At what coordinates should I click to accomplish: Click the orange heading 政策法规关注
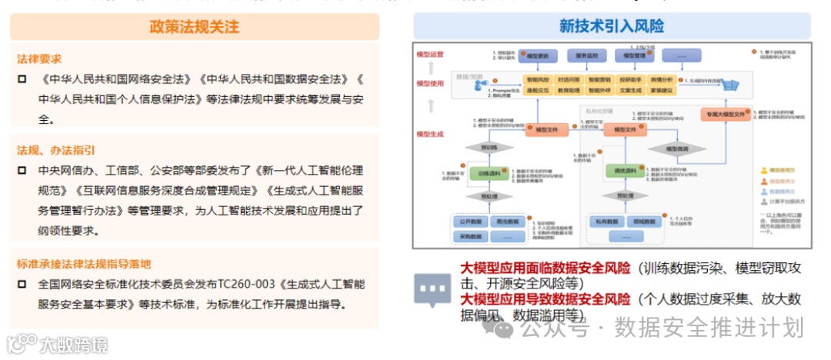[x=195, y=27]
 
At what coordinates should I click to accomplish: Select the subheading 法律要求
[x=39, y=58]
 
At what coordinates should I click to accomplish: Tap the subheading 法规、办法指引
[x=56, y=150]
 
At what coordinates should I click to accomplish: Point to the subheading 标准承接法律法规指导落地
[x=84, y=264]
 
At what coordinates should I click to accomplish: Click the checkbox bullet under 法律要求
[x=22, y=79]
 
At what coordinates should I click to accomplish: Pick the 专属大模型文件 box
[x=723, y=114]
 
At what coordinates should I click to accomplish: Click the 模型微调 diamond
[x=676, y=148]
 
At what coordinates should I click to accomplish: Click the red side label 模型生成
[x=429, y=134]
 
